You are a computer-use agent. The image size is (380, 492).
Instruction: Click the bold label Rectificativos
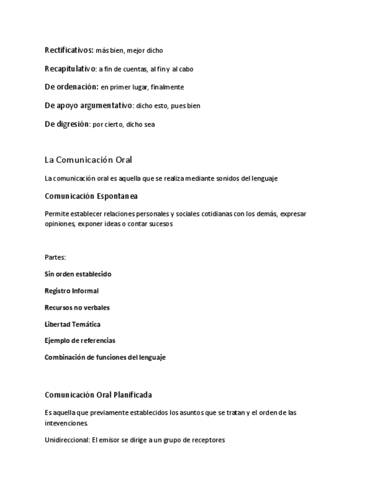68,50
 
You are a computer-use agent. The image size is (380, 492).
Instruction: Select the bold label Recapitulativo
70,69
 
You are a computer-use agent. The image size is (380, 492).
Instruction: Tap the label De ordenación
71,87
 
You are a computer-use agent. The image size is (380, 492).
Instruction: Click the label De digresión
67,124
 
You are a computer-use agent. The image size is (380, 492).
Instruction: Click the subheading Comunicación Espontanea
91,196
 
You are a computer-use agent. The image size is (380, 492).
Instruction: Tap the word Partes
55,257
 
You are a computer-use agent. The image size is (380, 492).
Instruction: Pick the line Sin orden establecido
78,274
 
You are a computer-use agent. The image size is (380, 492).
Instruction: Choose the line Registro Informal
71,291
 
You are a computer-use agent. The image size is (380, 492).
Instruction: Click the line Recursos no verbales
77,307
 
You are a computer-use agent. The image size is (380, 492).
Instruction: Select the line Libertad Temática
73,324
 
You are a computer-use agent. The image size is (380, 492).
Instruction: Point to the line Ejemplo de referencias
79,341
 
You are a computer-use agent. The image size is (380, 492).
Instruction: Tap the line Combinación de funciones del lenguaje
105,357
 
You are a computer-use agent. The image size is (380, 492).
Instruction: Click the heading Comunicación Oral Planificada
98,395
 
